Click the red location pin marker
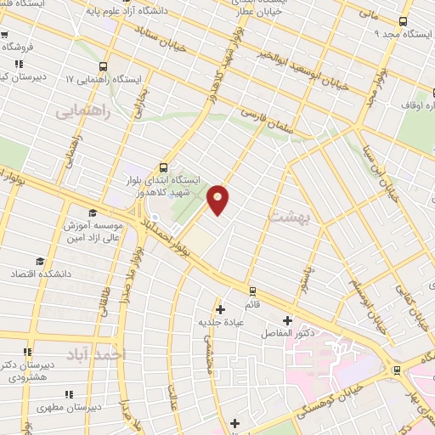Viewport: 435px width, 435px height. click(218, 200)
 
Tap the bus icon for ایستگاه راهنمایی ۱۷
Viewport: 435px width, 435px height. click(104, 65)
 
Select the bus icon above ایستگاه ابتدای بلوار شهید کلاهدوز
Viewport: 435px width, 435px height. click(163, 167)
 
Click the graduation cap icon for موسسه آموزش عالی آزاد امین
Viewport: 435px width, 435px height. click(92, 213)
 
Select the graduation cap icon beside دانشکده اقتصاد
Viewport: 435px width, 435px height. click(39, 260)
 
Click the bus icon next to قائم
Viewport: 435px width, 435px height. click(251, 291)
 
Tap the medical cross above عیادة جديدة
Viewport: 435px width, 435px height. click(221, 309)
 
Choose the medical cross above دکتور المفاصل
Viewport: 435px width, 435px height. click(288, 320)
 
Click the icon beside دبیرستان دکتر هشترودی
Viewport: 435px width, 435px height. click(27, 352)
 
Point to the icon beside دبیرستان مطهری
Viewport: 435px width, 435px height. click(69, 394)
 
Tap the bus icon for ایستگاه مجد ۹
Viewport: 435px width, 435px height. click(403, 23)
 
